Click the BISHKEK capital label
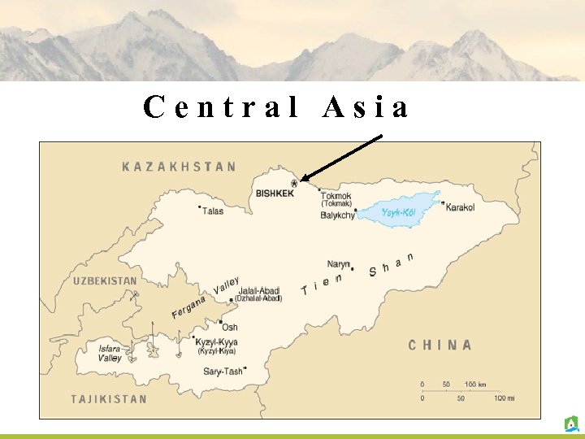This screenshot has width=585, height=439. coord(275,194)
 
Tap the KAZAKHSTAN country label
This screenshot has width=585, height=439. coord(179,167)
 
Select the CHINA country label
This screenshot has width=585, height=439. coord(440,345)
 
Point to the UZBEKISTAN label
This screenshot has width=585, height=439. coord(105,280)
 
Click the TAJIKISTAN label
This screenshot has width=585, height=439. coord(109,398)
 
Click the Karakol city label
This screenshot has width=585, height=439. coord(460,208)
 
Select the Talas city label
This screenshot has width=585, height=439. coord(213,211)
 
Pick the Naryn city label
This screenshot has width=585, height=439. coord(338,263)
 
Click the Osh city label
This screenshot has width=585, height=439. coord(230,327)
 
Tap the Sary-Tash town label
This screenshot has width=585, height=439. coord(223,372)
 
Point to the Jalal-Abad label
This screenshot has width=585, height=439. coord(258,290)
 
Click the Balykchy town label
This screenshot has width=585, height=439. coord(337,215)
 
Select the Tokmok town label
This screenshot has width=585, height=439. coord(336,196)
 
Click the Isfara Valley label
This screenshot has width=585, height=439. coord(110,354)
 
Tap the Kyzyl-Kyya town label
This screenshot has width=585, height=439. coord(217,342)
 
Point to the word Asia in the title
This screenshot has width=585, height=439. coord(366,108)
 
